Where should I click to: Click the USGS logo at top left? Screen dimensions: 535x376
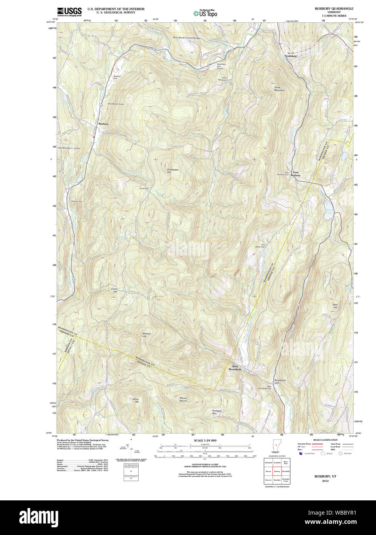click(69, 12)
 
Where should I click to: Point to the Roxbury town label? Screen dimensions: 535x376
click(103, 124)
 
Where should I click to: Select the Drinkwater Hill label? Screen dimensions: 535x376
click(173, 171)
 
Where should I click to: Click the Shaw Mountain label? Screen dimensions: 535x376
click(279, 89)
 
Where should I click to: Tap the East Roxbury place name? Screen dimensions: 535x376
click(295, 174)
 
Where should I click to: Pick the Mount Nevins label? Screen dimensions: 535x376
click(183, 400)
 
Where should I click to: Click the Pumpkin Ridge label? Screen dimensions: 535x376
click(217, 412)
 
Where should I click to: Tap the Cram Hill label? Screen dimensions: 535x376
click(114, 290)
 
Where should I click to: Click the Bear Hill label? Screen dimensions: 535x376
click(335, 306)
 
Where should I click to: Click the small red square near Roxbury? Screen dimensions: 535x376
click(94, 137)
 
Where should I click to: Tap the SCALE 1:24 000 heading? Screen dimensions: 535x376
click(205, 440)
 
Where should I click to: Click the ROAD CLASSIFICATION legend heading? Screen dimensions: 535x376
click(325, 440)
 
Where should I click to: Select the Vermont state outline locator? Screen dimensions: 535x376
click(275, 446)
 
